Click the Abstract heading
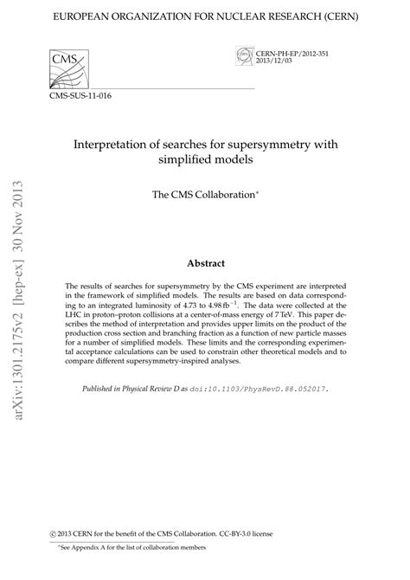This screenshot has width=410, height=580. pyautogui.click(x=205, y=262)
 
